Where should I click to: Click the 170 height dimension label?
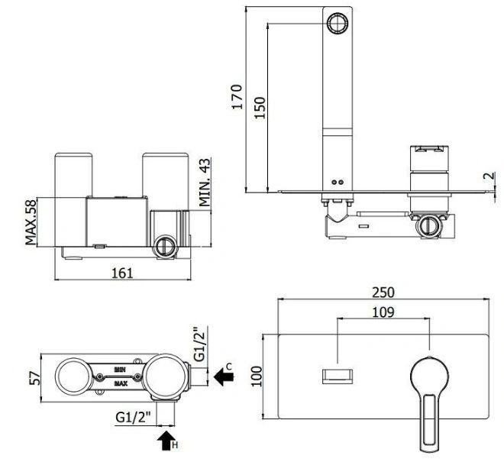click(237, 97)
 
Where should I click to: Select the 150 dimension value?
click(260, 108)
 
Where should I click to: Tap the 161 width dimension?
click(122, 273)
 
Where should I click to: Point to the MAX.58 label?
click(31, 222)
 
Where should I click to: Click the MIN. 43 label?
click(205, 182)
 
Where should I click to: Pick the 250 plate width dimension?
click(383, 293)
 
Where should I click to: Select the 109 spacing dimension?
click(383, 312)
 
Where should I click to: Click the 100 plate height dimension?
click(257, 377)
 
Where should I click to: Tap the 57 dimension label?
click(35, 378)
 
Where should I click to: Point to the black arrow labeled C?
click(224, 377)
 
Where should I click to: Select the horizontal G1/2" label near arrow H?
click(133, 418)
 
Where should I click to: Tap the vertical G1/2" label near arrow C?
click(199, 344)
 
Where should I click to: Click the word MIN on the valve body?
click(120, 370)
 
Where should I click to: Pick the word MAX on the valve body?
click(121, 383)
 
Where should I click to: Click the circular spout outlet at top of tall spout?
click(338, 23)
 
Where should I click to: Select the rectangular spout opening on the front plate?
click(338, 377)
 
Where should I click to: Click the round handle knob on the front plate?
click(429, 375)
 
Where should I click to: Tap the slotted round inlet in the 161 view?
click(166, 247)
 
